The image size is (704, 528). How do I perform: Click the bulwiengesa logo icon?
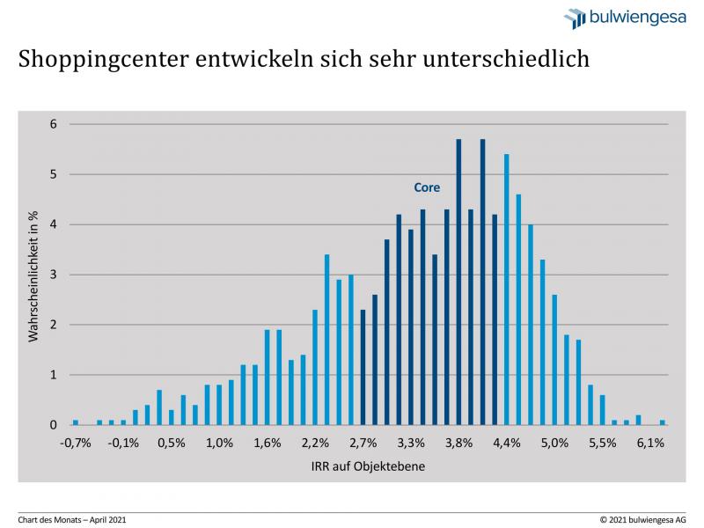coord(575,18)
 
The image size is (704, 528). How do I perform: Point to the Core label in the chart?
coord(427,187)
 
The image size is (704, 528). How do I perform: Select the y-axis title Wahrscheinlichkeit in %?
coord(33,275)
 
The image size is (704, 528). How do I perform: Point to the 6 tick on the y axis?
coord(53,124)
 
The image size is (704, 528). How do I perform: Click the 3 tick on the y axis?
coord(53,275)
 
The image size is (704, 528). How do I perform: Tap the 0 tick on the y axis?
coord(53,425)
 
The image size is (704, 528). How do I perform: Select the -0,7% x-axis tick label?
coord(76,443)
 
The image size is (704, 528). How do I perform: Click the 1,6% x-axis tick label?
coord(268,443)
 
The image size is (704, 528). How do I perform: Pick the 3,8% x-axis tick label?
coord(459,443)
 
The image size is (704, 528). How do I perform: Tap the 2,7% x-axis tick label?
coord(363,443)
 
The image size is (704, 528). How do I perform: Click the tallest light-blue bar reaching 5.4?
coord(507,290)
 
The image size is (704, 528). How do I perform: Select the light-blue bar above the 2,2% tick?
coord(315,368)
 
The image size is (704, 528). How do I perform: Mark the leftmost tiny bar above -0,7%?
coord(76,422)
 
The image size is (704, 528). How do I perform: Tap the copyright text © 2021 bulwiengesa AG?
coord(642,519)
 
